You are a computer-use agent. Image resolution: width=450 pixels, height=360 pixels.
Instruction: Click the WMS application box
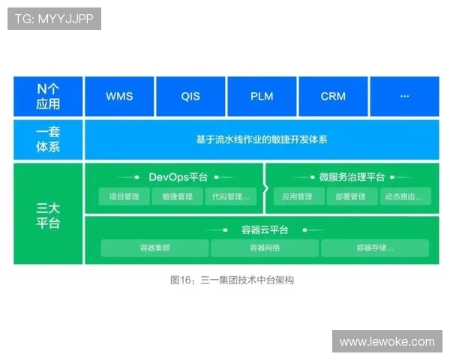pyautogui.click(x=119, y=97)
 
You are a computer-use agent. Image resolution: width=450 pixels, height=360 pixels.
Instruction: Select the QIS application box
pyautogui.click(x=190, y=97)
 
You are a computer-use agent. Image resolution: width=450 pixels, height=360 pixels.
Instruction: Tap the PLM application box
pyautogui.click(x=262, y=97)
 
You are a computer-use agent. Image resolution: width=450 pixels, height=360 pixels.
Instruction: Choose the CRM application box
pyautogui.click(x=333, y=97)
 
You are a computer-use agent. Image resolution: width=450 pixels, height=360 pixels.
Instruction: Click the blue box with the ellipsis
pyautogui.click(x=404, y=97)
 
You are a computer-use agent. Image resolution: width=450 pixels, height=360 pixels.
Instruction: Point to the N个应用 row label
pyautogui.click(x=48, y=97)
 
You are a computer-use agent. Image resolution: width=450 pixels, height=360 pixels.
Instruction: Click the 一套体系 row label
pyautogui.click(x=48, y=139)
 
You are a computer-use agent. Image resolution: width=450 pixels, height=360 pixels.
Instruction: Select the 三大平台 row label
pyautogui.click(x=48, y=214)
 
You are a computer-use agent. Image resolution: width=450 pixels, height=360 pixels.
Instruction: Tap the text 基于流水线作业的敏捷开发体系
pyautogui.click(x=262, y=139)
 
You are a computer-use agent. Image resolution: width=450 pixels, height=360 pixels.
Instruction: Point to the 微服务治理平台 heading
pyautogui.click(x=351, y=177)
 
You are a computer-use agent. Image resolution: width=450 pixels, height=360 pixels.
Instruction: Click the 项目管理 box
pyautogui.click(x=124, y=196)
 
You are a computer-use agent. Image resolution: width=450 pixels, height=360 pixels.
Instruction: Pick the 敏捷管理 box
pyautogui.click(x=177, y=196)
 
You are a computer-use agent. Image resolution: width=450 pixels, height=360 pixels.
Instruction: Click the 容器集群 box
pyautogui.click(x=154, y=248)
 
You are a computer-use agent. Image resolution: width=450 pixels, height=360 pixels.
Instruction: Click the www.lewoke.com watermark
pyautogui.click(x=386, y=341)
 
